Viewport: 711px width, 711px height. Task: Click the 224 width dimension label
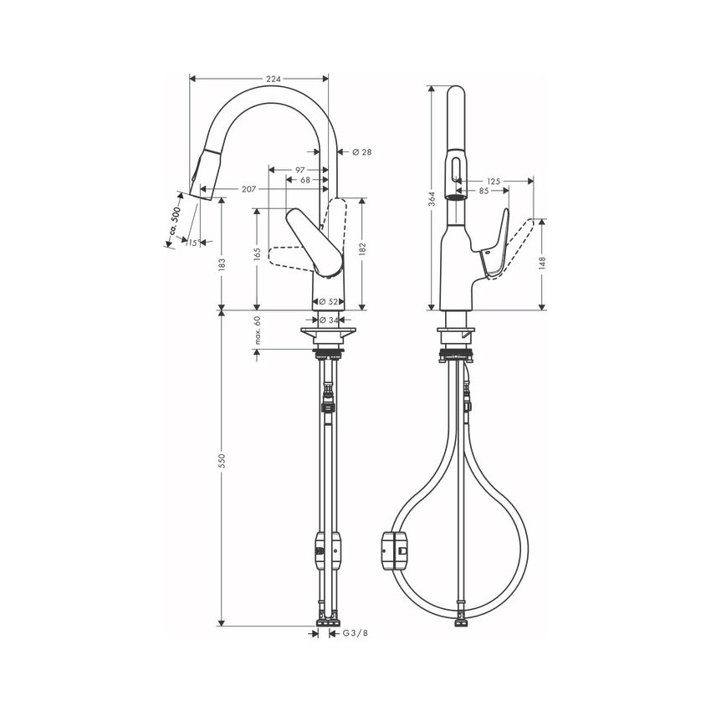274,79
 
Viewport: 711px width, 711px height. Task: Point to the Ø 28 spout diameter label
362,152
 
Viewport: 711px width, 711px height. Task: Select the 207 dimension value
248,189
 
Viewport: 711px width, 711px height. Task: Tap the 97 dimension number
300,170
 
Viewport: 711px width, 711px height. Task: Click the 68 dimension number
305,180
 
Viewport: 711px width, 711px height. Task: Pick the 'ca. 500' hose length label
175,221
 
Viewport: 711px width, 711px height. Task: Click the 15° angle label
193,243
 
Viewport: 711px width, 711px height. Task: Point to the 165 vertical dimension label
257,253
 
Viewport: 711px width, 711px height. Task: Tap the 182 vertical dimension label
362,249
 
